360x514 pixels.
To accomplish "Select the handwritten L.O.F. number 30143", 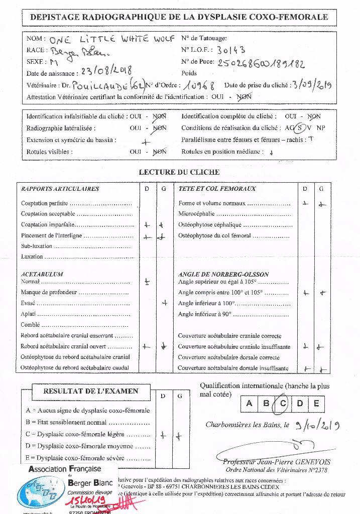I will [x=231, y=50].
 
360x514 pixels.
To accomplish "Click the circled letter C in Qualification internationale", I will [x=284, y=404].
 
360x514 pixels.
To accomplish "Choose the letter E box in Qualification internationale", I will [x=316, y=404].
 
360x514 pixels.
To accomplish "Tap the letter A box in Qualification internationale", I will [x=249, y=404].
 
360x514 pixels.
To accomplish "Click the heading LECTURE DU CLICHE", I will [x=179, y=172].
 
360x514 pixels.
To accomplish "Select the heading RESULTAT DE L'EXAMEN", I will [x=90, y=391].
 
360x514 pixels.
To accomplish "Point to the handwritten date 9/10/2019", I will [x=318, y=426].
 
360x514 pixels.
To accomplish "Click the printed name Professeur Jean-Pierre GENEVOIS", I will [x=277, y=462].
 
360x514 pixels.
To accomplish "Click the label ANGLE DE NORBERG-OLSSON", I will [x=223, y=275].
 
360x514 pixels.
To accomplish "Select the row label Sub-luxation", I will [x=37, y=246].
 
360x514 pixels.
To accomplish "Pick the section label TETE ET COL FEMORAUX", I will [x=217, y=189].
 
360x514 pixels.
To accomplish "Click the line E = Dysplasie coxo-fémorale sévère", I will [x=88, y=458].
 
